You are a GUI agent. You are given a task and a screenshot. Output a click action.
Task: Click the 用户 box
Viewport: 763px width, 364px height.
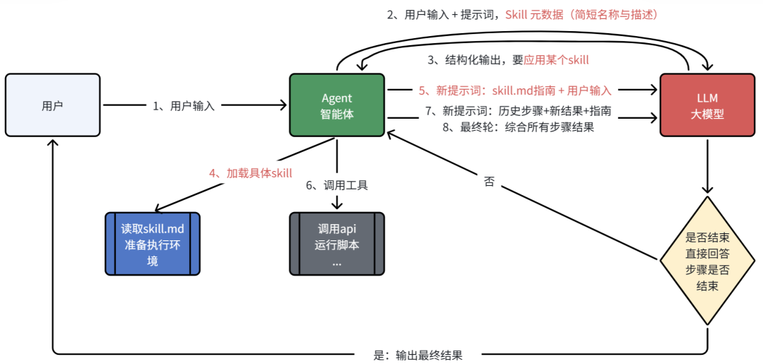click(52, 105)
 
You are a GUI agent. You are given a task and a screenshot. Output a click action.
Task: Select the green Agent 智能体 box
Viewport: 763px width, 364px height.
click(337, 105)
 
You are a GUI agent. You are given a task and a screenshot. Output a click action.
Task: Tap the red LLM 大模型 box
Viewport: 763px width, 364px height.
click(706, 105)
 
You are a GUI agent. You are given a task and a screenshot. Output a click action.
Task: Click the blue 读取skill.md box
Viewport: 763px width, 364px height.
click(153, 243)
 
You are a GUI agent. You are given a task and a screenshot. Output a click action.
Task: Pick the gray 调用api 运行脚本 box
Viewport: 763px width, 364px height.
click(337, 243)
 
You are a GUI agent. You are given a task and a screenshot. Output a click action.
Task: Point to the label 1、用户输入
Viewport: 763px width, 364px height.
click(184, 106)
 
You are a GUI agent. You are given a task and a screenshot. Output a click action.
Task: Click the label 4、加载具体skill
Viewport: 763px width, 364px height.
click(250, 172)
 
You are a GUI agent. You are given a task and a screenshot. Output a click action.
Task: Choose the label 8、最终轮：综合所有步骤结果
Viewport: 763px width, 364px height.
click(519, 127)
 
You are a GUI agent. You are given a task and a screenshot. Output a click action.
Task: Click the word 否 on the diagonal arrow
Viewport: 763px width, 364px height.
click(489, 182)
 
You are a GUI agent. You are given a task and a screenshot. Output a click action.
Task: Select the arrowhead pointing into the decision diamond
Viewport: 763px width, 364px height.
click(707, 190)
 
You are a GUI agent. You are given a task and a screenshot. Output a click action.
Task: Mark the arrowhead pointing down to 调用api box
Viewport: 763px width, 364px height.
click(337, 205)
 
